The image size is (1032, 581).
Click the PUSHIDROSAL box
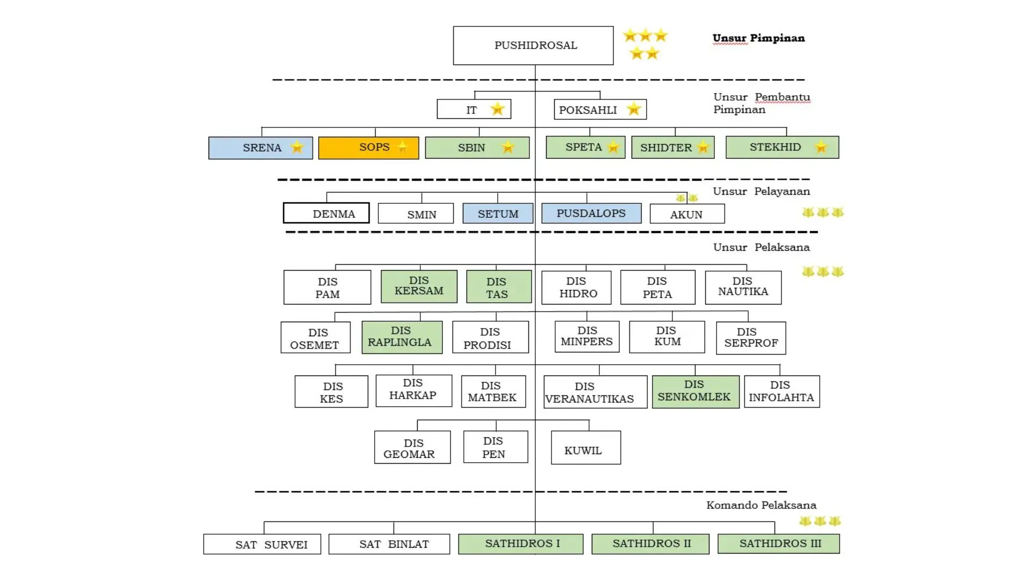click(533, 46)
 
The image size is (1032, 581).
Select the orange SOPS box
click(368, 148)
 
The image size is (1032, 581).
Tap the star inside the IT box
click(497, 109)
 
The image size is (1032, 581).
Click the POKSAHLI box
click(600, 110)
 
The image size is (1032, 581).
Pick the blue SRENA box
click(260, 148)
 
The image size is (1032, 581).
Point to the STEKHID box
click(782, 147)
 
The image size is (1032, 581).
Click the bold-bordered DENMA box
click(326, 213)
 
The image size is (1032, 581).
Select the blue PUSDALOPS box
click(591, 213)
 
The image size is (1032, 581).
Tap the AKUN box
click(686, 214)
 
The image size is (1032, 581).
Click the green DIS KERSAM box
click(419, 286)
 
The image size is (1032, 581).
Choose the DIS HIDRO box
click(576, 288)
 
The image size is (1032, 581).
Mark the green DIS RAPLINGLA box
click(402, 337)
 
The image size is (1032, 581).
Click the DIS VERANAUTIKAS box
click(595, 392)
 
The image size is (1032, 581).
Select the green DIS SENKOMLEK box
click(695, 392)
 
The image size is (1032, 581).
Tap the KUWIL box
click(585, 448)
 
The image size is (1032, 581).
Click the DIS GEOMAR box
click(412, 448)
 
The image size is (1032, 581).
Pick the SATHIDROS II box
click(650, 544)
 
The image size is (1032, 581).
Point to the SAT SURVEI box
click(262, 544)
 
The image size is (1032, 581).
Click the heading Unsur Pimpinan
click(758, 38)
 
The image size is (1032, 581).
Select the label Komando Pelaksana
click(761, 505)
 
